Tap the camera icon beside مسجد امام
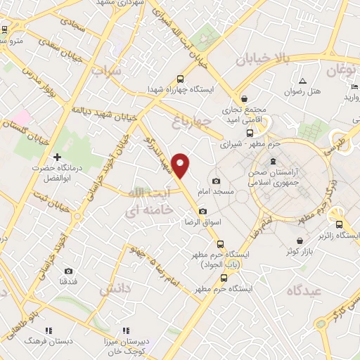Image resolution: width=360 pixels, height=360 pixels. (x=216, y=181)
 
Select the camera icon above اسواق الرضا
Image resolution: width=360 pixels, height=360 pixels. (x=202, y=212)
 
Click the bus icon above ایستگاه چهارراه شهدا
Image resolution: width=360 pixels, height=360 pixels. (x=181, y=79)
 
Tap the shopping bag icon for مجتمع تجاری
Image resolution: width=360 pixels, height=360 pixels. (x=243, y=98)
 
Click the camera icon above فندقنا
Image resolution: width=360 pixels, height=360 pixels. (x=68, y=271)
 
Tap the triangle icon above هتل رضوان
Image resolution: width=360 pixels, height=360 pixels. (x=302, y=81)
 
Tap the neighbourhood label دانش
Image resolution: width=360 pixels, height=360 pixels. (x=115, y=289)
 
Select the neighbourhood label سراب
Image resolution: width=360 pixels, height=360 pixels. (x=106, y=71)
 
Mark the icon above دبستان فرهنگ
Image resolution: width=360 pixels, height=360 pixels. (x=49, y=330)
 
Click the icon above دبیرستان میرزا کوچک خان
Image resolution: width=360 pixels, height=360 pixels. (x=126, y=330)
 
